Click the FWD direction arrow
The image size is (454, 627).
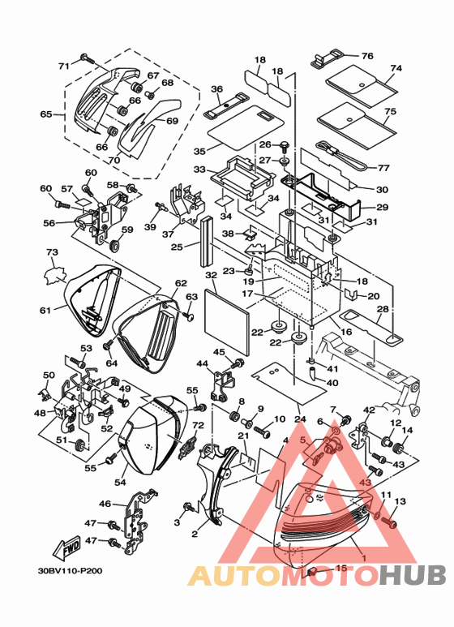(66, 547)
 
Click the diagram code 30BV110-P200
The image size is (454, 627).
(70, 570)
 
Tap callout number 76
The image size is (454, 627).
(367, 56)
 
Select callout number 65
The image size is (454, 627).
(46, 114)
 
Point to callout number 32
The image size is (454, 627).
(211, 275)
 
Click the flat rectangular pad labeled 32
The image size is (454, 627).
(227, 323)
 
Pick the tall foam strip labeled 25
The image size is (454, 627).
(207, 241)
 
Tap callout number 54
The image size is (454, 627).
(120, 483)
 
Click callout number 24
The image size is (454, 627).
(300, 419)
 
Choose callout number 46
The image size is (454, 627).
(105, 504)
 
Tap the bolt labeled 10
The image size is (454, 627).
(262, 432)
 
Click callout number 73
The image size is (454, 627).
(52, 252)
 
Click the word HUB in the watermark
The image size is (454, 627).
(413, 575)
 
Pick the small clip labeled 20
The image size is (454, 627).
(350, 293)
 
